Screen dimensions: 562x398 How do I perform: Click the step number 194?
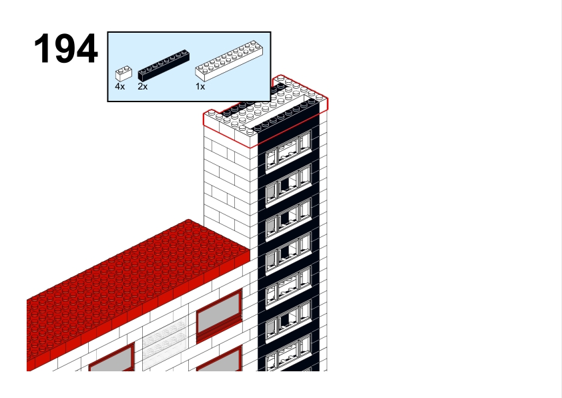tap(66, 48)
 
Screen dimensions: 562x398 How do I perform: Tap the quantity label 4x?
tap(120, 86)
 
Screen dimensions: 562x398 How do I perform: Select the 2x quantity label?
tap(143, 86)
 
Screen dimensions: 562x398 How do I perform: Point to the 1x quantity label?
tap(200, 86)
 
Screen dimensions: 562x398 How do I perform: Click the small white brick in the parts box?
tap(123, 73)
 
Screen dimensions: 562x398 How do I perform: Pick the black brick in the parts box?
tap(164, 65)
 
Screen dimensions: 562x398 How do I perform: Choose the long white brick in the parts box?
tap(229, 60)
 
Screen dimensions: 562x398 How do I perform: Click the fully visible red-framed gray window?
tap(220, 317)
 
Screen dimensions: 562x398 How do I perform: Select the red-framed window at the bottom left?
tap(112, 358)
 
